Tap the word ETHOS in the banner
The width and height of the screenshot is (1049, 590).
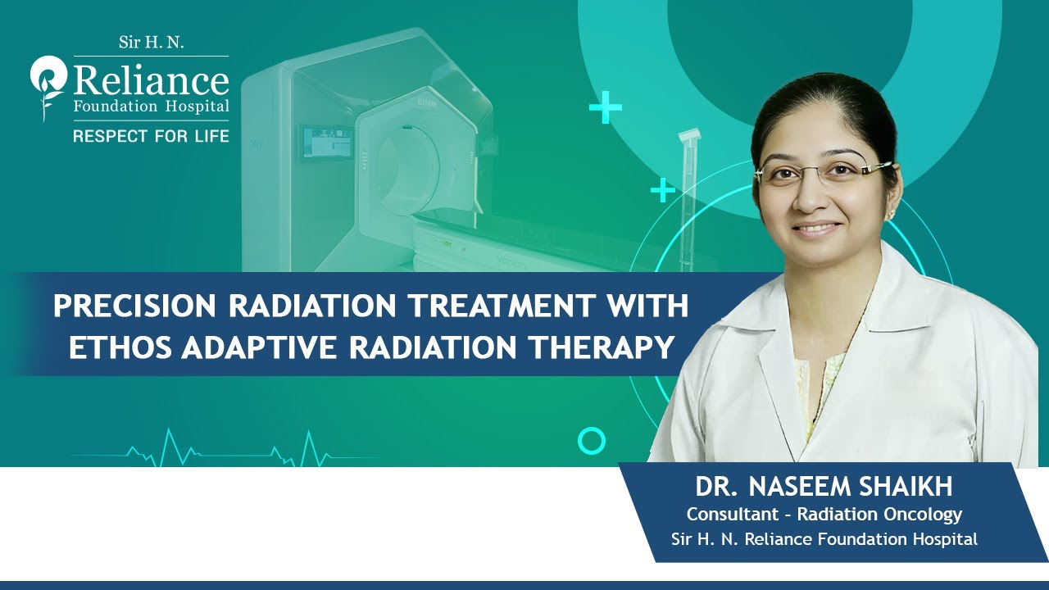(118, 347)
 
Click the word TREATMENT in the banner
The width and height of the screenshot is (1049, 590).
(484, 306)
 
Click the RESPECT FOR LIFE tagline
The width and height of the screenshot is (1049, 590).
(151, 136)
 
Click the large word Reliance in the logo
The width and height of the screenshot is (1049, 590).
(151, 80)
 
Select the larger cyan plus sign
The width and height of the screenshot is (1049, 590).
(606, 107)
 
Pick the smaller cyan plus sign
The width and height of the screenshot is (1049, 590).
(662, 192)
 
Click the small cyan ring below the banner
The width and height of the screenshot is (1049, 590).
(591, 441)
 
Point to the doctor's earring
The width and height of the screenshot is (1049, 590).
(890, 214)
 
